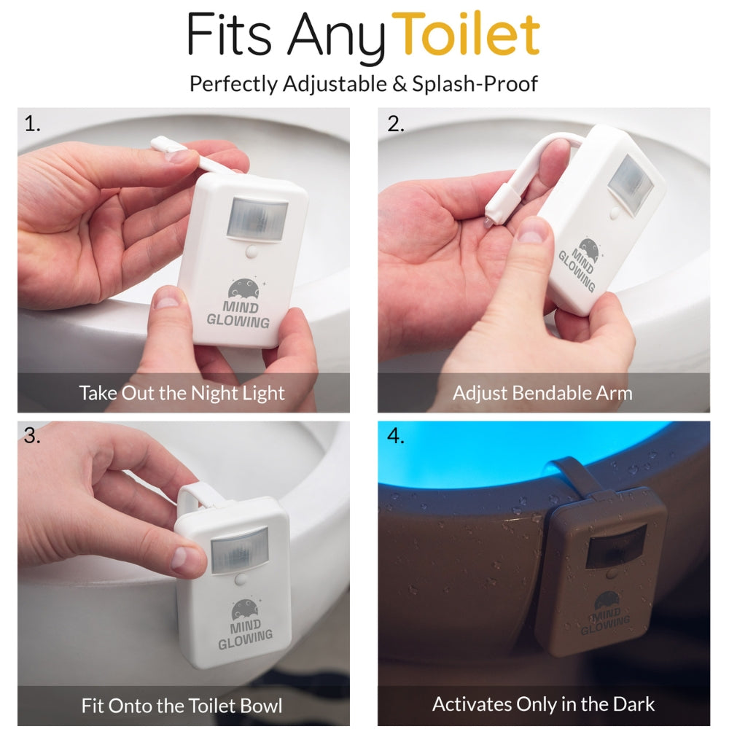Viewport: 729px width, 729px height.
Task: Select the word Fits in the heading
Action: pos(229,34)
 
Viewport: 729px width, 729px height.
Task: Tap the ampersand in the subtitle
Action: pos(399,84)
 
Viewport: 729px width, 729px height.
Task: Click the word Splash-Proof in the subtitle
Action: pos(475,85)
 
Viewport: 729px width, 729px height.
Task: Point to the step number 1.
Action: pos(32,124)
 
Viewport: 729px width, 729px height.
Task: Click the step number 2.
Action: pos(396,124)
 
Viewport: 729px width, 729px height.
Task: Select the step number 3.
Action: pos(31,436)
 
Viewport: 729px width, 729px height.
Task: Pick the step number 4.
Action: pos(396,436)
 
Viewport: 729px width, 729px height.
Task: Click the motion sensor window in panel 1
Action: pos(257,219)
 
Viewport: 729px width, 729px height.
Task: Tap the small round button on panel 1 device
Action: pos(252,252)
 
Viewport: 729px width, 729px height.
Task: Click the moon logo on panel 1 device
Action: pos(243,288)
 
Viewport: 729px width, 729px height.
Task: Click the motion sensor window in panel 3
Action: pos(239,550)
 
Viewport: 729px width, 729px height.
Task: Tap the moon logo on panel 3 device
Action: pos(246,609)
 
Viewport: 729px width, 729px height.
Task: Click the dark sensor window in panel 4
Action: pos(615,546)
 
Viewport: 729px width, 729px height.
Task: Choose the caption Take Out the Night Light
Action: pos(182,394)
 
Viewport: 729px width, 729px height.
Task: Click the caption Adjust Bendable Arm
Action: pos(542,394)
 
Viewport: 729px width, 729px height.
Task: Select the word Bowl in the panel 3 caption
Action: pos(261,706)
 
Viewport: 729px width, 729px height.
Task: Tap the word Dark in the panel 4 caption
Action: pos(634,704)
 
